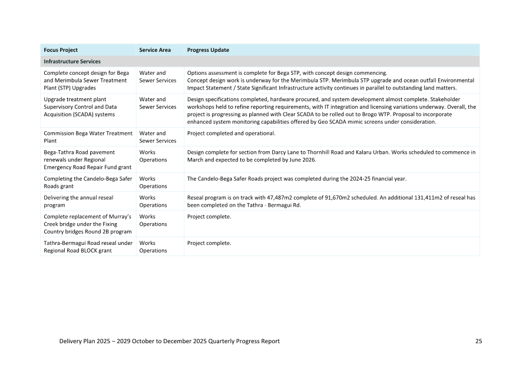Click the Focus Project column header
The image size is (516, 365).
tap(61, 50)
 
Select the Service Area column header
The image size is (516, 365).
tap(155, 50)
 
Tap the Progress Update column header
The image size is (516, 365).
tap(208, 50)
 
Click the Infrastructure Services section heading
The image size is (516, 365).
tap(72, 61)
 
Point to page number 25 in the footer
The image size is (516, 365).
tap(479, 341)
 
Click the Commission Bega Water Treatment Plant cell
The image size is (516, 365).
tap(88, 137)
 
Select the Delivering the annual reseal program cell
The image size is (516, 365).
tap(78, 201)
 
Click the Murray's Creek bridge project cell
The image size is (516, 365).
tap(88, 224)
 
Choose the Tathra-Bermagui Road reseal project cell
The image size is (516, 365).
tap(88, 247)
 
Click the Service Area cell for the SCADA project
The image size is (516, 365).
tap(157, 103)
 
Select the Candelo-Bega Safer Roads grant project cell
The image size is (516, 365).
tap(88, 182)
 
